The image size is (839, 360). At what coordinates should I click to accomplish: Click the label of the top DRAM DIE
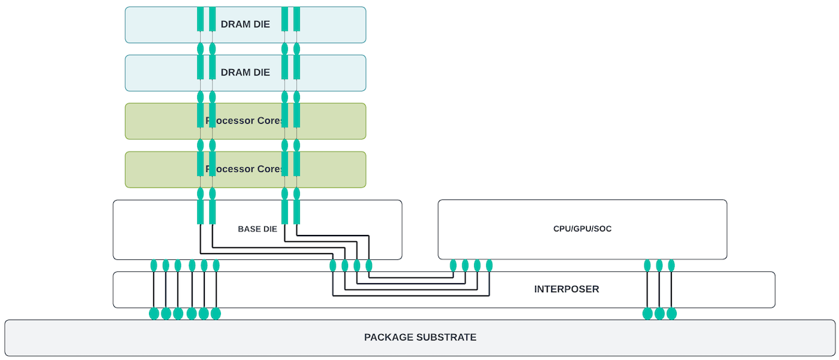tap(245, 24)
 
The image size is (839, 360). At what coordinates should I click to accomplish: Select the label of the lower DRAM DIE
tap(245, 72)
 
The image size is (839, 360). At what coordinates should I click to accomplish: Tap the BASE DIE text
tap(257, 229)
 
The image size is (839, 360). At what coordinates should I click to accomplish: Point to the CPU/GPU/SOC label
tap(582, 229)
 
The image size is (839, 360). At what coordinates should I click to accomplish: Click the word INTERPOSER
tap(566, 289)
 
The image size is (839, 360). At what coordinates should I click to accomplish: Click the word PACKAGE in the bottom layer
tap(387, 337)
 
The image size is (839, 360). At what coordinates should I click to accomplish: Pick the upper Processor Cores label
tap(245, 121)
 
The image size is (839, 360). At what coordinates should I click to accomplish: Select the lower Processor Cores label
tap(245, 169)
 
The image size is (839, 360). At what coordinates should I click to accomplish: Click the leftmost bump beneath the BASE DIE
tap(154, 266)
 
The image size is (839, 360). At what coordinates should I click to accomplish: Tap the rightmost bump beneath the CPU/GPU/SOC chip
tap(671, 266)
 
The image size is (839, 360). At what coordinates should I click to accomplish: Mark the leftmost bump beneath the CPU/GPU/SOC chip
tap(453, 266)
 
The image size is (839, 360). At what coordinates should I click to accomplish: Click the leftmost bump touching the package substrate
tap(154, 313)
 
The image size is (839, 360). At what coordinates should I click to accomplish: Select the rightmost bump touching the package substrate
tap(671, 313)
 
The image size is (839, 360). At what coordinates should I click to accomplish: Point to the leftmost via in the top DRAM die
tap(201, 19)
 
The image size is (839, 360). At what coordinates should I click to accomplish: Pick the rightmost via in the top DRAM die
tap(296, 19)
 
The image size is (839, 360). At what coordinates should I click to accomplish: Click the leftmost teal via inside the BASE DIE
tap(201, 212)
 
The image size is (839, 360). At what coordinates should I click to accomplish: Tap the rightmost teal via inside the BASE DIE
tap(296, 212)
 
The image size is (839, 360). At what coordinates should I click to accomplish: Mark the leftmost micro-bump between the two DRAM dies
tap(201, 49)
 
